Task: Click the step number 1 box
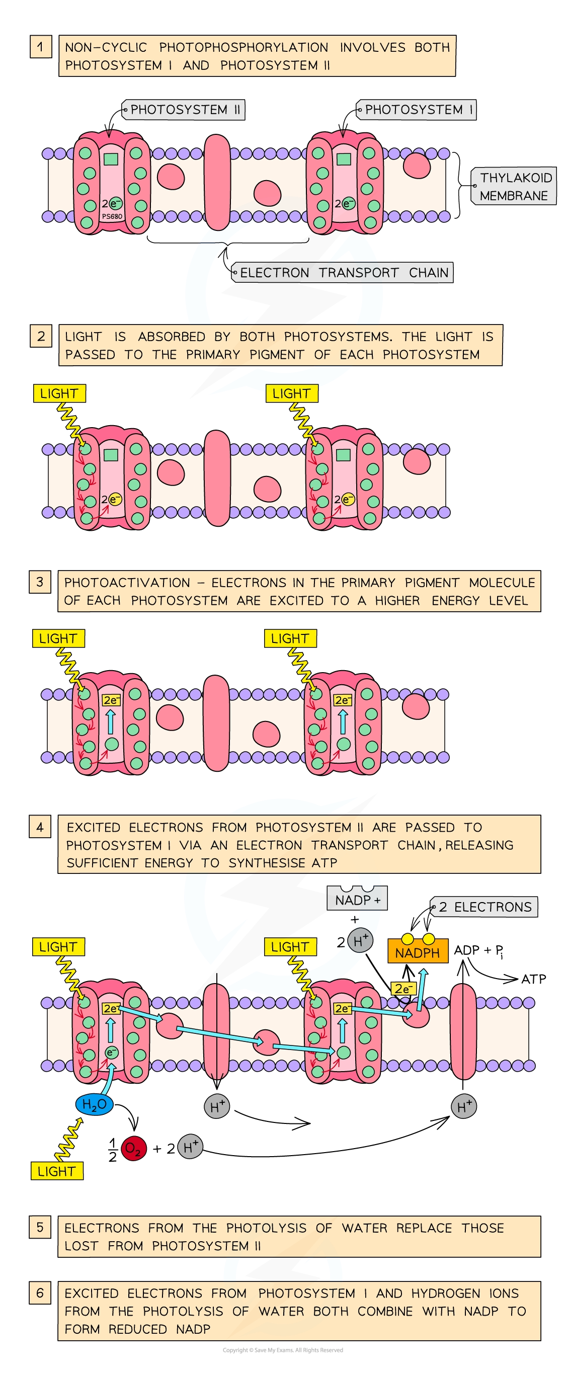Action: coord(41,47)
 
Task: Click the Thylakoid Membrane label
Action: coord(514,186)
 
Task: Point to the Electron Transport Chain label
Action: coord(343,272)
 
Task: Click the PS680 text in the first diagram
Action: coord(112,217)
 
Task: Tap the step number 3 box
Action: coord(40,582)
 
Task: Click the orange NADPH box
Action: coord(417,953)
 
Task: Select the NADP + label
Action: coord(357,900)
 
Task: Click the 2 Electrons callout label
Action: coord(484,907)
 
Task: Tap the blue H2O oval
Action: coord(95,1104)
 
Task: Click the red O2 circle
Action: coord(133,1148)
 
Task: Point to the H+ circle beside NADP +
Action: coord(361,941)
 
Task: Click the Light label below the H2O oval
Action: coord(56,1171)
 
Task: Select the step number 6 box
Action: coord(40,1293)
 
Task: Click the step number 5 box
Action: coord(40,1227)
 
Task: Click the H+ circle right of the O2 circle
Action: coord(190,1147)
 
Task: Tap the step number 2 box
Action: coord(41,336)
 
